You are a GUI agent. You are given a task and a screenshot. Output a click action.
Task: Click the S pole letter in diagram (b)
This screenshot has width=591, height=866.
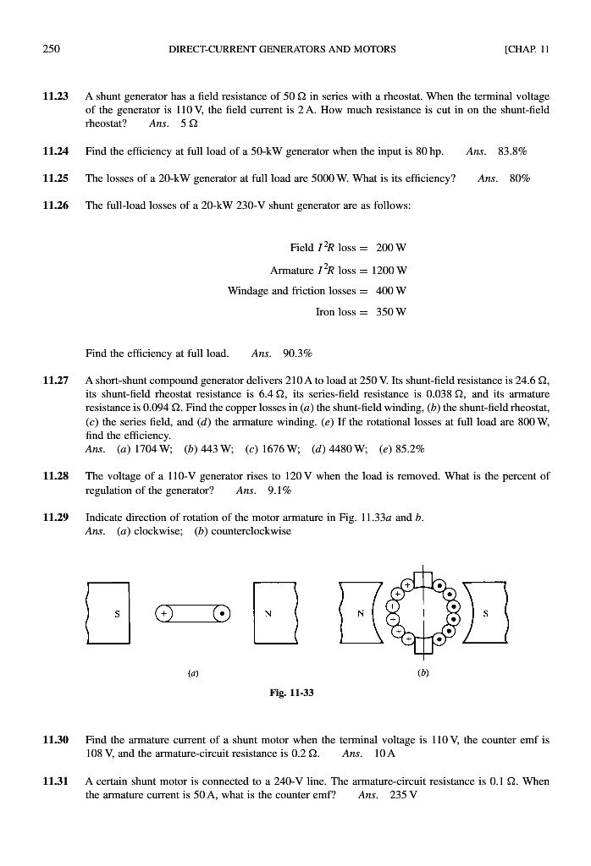486,613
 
